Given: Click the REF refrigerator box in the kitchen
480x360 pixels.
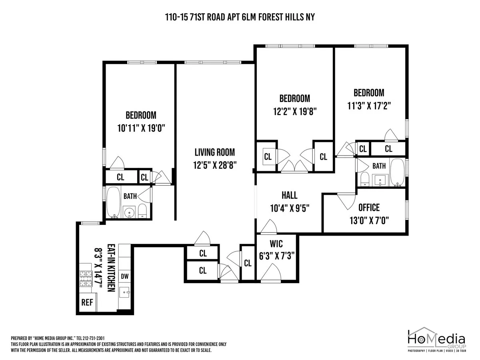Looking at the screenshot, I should point(87,302).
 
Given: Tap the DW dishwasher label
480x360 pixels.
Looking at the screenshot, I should point(125,276).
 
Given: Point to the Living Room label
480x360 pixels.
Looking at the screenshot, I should point(214,152).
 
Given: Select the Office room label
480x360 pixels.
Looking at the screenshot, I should point(369,208).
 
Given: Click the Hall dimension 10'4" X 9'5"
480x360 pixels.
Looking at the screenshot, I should point(289,208).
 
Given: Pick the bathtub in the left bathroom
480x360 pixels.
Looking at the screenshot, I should point(113,202).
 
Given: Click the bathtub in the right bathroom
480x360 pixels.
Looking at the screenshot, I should point(398,173).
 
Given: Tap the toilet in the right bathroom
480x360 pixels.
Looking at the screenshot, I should point(364,179).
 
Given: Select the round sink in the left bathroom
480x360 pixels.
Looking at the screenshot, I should point(129,212).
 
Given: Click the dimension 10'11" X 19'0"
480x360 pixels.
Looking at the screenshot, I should point(141,128).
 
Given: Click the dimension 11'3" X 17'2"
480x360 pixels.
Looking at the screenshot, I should point(369,106).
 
